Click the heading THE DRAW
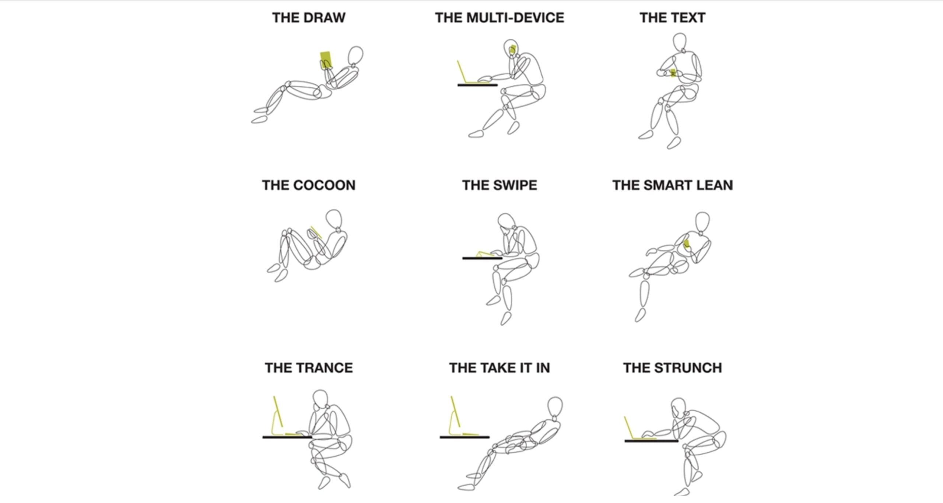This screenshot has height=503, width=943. click(309, 18)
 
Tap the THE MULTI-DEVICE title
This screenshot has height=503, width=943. click(499, 18)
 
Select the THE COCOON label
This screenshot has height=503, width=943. click(309, 185)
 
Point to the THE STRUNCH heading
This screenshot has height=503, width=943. click(672, 368)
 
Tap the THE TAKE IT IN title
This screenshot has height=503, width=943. click(499, 368)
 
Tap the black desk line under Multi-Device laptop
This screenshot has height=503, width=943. click(477, 85)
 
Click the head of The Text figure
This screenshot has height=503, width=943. click(680, 42)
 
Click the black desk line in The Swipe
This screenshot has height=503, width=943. click(482, 258)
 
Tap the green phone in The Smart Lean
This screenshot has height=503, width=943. click(687, 244)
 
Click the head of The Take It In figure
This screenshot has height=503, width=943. click(555, 406)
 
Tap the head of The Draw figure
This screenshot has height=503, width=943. click(355, 55)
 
